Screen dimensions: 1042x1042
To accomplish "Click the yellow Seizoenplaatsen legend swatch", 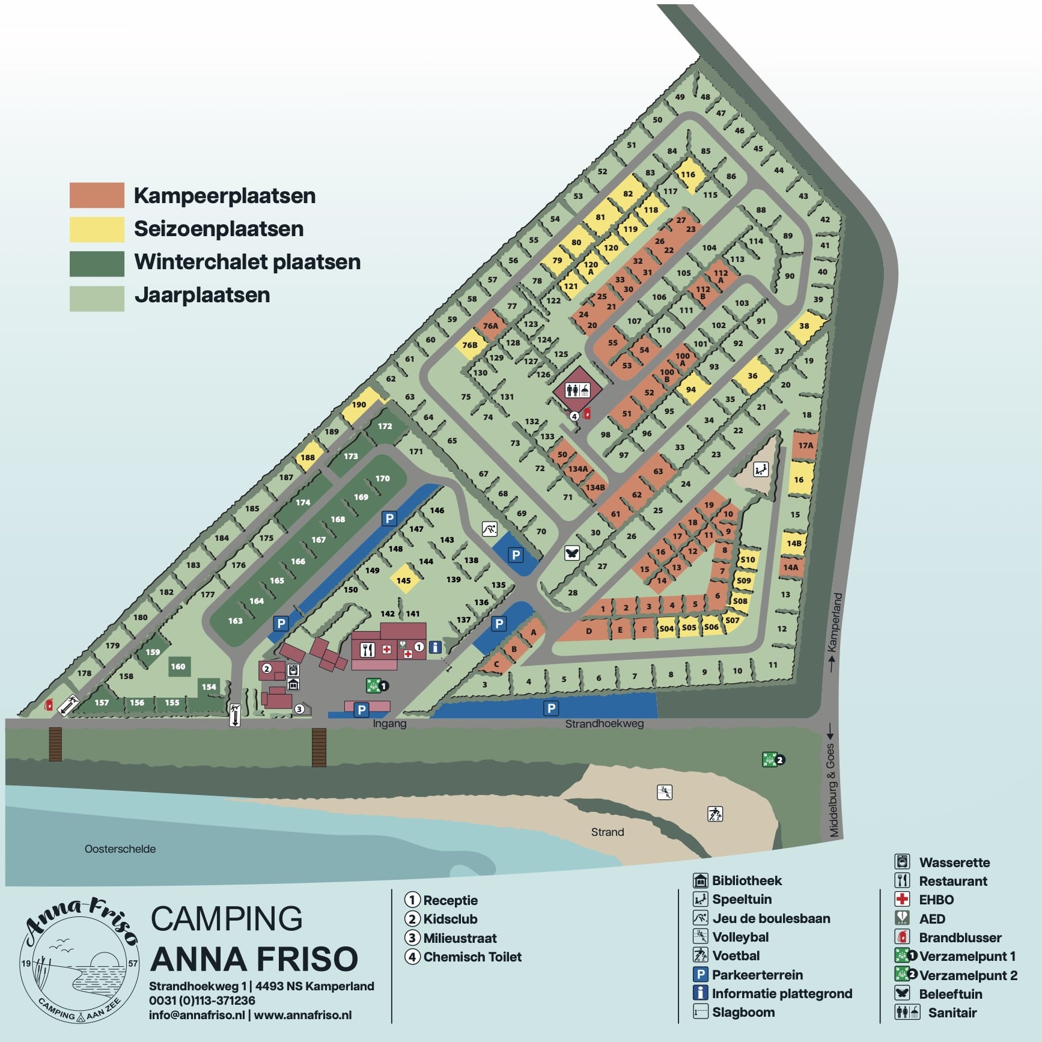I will pos(97,229).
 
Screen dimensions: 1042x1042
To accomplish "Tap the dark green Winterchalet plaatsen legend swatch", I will pos(97,263).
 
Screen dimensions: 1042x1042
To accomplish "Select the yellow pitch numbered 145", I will pos(404,580).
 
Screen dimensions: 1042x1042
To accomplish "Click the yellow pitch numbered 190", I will pos(359,404).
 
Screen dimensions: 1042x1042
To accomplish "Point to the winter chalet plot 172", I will pos(385,426).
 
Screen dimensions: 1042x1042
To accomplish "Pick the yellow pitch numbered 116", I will pos(688,174).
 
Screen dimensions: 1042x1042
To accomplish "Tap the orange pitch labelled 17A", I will pos(805,445).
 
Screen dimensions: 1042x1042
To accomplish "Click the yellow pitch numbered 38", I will pos(804,326).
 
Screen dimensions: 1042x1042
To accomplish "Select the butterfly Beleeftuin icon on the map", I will pos(572,553).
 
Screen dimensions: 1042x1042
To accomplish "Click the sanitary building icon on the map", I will pos(576,391).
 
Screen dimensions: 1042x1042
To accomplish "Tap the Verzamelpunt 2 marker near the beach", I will pos(772,760).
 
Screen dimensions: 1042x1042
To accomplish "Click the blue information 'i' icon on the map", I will pos(435,647).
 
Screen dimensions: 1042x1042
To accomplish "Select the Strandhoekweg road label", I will pos(604,724).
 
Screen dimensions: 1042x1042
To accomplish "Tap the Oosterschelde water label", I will pos(120,849).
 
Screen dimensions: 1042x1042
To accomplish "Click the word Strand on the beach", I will pos(608,832).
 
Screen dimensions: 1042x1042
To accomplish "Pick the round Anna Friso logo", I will pos(79,960).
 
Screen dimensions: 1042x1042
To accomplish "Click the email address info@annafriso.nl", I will pos(197,1015).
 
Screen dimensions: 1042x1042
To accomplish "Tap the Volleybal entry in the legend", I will pos(740,937).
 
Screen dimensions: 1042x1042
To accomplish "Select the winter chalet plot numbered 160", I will pos(178,666).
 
